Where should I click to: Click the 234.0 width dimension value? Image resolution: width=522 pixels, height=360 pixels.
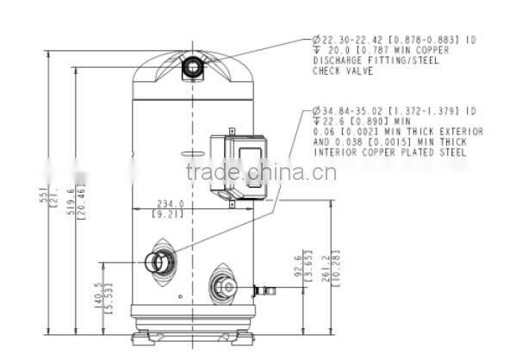click(170, 203)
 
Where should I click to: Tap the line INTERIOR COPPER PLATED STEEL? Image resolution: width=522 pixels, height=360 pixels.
click(389, 152)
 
